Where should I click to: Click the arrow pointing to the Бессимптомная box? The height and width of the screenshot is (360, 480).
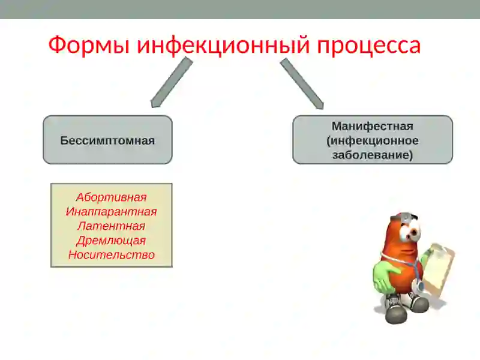click(170, 83)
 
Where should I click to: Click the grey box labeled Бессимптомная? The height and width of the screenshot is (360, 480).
click(107, 140)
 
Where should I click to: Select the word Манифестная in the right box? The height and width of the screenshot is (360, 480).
click(372, 126)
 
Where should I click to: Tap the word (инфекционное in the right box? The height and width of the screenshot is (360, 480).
click(372, 140)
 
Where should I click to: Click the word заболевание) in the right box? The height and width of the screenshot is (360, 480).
click(372, 155)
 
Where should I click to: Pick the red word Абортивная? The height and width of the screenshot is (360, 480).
click(111, 197)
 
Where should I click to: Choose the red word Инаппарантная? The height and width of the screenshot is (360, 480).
click(111, 212)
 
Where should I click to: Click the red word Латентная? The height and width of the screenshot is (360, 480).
click(111, 226)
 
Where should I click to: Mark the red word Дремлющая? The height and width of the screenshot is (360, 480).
click(111, 241)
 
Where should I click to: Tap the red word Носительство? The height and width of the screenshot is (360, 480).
click(111, 255)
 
